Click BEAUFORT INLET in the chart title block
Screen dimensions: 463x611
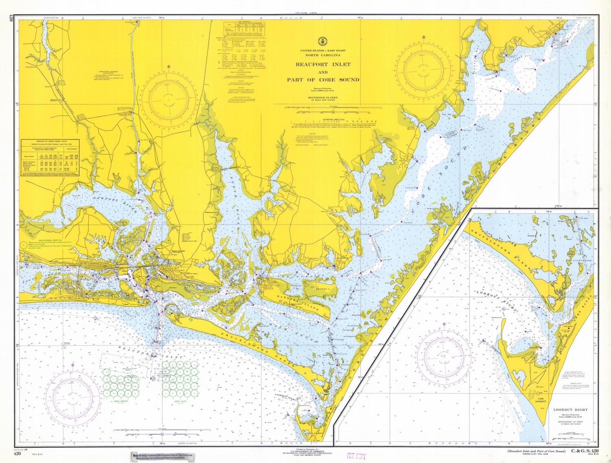(x=323, y=65)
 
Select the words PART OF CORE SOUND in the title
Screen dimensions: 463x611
(x=323, y=80)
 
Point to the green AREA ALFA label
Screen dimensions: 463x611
(x=180, y=401)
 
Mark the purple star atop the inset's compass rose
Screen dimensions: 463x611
(x=444, y=324)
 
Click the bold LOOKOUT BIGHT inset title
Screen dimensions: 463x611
(x=568, y=410)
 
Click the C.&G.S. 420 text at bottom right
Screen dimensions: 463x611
(x=585, y=451)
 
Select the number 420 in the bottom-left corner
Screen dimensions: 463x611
(x=18, y=453)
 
